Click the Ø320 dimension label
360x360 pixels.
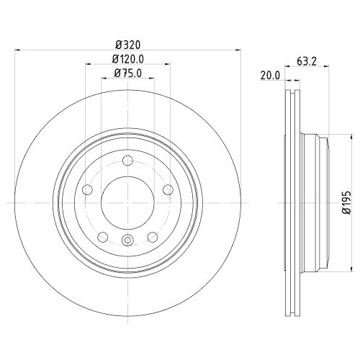[x=127, y=45]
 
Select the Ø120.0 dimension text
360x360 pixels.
[x=128, y=59]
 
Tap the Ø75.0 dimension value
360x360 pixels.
[x=128, y=73]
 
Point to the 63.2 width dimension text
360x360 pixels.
[x=307, y=62]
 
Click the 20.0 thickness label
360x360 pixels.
[x=270, y=76]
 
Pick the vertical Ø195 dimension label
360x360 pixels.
[x=346, y=202]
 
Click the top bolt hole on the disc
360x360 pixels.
[x=127, y=161]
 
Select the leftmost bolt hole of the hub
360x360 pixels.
[x=87, y=190]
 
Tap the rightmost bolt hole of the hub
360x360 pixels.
[x=168, y=190]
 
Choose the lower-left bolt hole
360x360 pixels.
[x=103, y=238]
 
